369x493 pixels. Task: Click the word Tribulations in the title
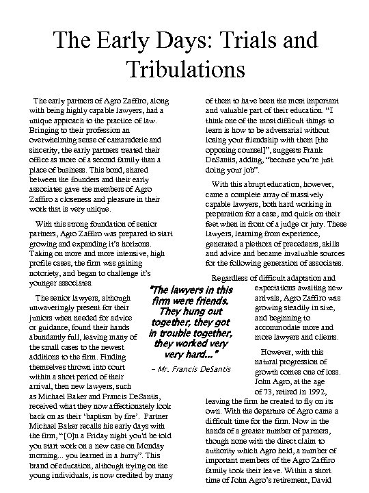coord(184,70)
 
